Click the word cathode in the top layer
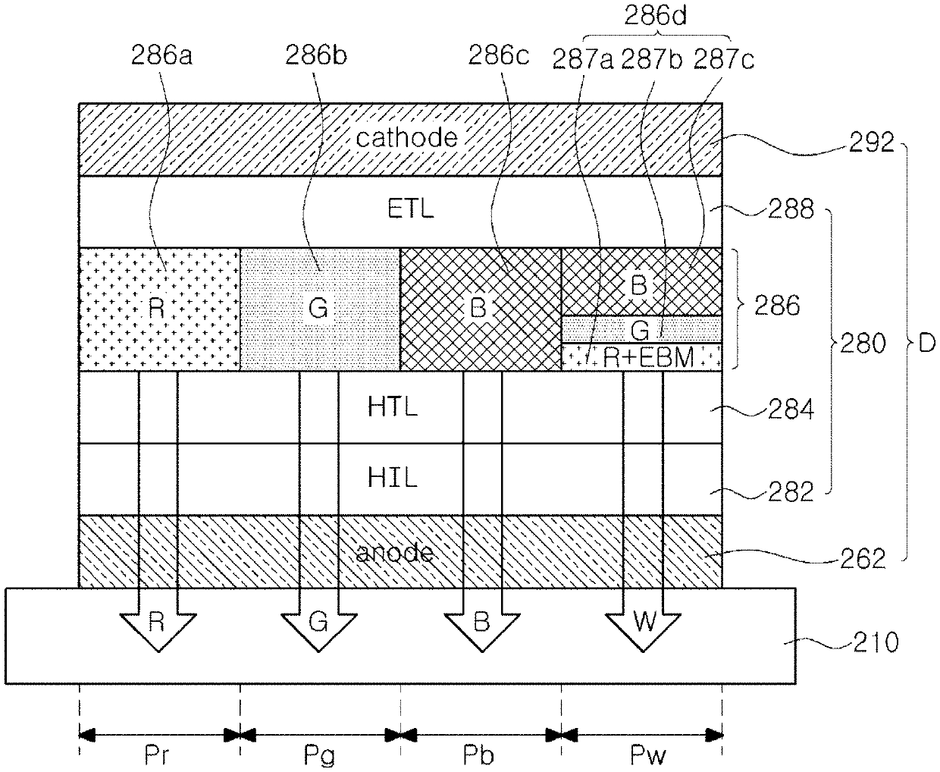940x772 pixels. [x=406, y=137]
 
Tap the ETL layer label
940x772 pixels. [x=411, y=209]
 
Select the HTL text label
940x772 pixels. [x=392, y=406]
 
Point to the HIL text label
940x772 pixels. [x=392, y=478]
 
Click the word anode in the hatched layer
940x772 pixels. [x=395, y=552]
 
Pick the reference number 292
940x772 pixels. [x=871, y=143]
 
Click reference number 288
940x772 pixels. [x=791, y=209]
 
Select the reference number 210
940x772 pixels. [x=876, y=642]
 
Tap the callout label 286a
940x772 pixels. [x=161, y=56]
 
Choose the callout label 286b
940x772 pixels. [x=316, y=56]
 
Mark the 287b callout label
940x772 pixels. [x=652, y=59]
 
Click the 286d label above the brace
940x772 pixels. [x=655, y=16]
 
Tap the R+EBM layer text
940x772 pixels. [x=648, y=357]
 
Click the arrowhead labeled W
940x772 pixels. [x=643, y=632]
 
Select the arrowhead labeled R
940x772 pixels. [x=158, y=632]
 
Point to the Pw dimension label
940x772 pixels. [x=647, y=755]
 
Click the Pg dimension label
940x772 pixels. [x=319, y=756]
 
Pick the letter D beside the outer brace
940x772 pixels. [x=927, y=344]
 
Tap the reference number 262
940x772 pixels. [x=863, y=559]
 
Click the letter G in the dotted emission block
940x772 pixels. [x=318, y=308]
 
